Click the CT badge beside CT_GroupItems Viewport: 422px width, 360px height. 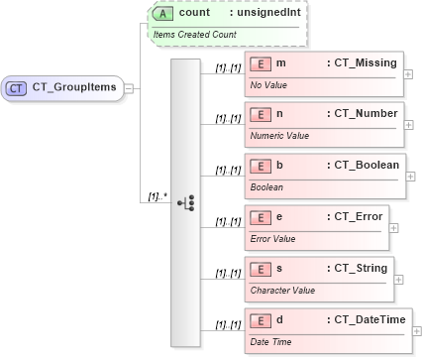(17, 87)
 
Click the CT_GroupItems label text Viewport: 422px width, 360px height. (74, 87)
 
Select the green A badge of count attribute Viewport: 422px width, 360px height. (164, 14)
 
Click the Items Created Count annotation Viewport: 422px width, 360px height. (193, 34)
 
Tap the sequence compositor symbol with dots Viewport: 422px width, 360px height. (185, 202)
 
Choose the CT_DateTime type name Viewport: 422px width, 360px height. (368, 320)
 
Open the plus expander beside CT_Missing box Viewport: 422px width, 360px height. (409, 73)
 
